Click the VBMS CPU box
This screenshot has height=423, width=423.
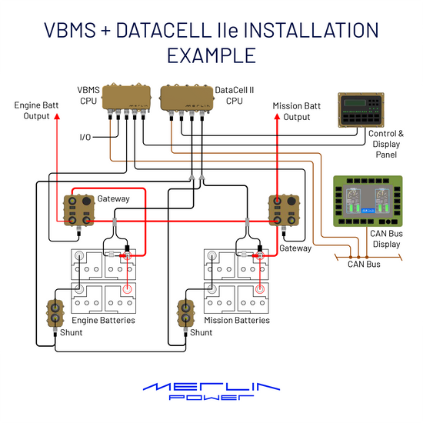tap(126, 98)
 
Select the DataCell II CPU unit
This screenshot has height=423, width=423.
tap(187, 98)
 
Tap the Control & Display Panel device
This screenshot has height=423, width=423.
tap(361, 110)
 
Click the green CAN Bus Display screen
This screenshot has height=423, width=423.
tap(368, 201)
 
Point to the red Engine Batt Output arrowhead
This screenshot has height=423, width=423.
tap(57, 116)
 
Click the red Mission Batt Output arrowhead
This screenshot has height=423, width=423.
tap(277, 117)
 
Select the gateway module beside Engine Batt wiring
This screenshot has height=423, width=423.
tap(79, 211)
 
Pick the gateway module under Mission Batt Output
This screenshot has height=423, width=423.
tap(284, 211)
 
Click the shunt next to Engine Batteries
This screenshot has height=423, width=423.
tap(55, 314)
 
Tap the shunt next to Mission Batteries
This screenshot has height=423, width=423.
tap(185, 314)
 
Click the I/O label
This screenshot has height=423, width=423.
tap(85, 138)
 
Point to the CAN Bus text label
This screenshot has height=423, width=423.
tap(364, 264)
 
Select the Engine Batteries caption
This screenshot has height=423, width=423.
tap(103, 320)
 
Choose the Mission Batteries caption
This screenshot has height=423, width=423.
tap(237, 320)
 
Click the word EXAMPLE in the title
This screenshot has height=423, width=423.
tap(211, 55)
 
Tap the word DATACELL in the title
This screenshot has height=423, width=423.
tap(164, 30)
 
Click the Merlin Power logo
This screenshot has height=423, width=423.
tap(211, 391)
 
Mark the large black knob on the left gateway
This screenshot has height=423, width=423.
tap(86, 201)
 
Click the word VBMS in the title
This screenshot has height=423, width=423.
tap(70, 30)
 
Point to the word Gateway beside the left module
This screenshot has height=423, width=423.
tap(113, 199)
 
